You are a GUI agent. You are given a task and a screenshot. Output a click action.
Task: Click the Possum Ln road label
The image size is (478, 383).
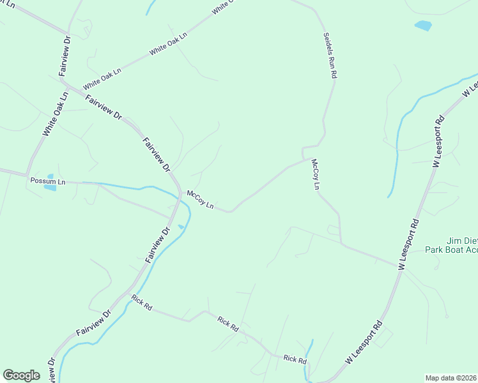48,182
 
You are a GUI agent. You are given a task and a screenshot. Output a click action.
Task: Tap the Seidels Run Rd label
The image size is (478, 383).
330,56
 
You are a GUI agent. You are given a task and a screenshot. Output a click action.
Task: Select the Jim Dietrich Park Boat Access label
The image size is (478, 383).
451,245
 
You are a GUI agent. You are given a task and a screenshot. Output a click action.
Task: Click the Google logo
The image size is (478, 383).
21,375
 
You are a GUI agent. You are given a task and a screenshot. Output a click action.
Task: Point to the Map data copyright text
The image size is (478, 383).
451,377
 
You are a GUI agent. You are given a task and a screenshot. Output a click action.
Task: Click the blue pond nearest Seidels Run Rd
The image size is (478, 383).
422,26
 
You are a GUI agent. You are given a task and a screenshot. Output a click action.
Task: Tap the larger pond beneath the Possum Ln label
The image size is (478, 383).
50,187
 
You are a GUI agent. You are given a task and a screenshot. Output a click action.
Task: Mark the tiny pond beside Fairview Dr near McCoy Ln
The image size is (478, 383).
181,227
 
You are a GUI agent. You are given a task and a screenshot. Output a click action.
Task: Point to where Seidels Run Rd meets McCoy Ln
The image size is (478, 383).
303,158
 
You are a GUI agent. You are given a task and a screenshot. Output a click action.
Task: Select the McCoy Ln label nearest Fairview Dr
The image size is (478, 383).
199,199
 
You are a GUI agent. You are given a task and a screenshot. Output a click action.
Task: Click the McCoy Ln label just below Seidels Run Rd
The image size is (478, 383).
314,175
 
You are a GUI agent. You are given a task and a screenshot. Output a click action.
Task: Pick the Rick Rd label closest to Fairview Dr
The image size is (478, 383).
141,302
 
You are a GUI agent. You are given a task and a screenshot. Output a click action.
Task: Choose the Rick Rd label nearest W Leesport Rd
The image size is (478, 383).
295,360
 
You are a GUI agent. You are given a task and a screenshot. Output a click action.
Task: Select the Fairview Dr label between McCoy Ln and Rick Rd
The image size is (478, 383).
157,244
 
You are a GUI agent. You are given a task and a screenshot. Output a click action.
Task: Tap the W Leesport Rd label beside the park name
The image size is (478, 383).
409,244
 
